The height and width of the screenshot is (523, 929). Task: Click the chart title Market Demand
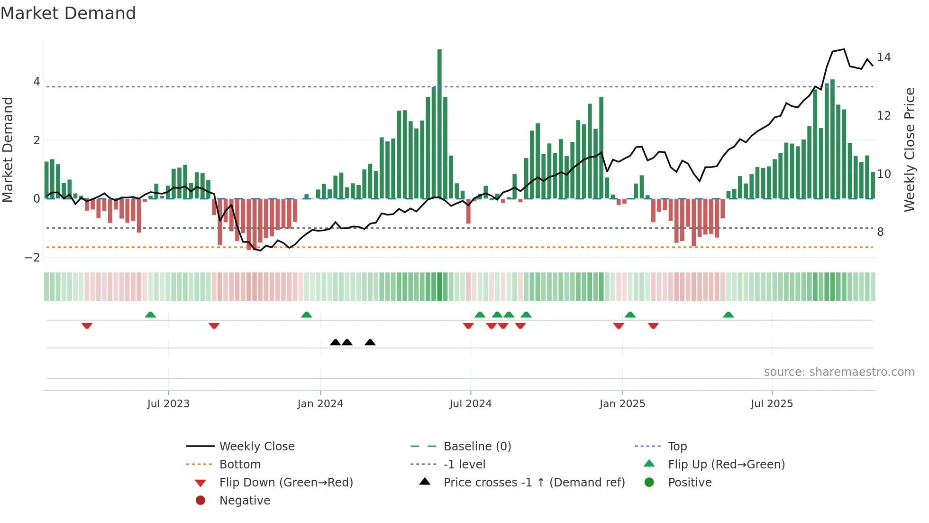[68, 13]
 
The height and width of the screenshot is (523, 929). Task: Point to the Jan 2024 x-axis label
[320, 404]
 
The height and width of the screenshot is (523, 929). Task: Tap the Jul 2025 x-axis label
[772, 404]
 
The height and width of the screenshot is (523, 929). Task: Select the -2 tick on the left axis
[33, 258]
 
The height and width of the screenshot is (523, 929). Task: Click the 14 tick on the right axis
[884, 57]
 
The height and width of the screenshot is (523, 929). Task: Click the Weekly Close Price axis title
[909, 149]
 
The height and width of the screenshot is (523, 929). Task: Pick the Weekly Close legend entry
[256, 447]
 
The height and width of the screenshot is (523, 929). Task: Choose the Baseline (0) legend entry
[477, 447]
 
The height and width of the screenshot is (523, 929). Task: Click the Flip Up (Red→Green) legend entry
[726, 465]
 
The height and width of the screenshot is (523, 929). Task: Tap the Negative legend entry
[245, 501]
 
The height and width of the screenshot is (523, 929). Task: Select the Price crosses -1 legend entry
[534, 483]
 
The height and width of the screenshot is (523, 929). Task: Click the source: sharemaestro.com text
[839, 372]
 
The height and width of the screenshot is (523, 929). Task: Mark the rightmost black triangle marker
[370, 343]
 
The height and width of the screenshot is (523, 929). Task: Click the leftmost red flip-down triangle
[87, 326]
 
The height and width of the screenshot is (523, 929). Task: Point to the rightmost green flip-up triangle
[729, 315]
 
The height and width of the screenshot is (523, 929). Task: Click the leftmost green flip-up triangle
[150, 315]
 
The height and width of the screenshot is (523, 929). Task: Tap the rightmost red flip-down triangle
[653, 326]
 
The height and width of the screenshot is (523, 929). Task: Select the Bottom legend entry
[240, 465]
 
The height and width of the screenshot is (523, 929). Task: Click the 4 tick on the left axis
[36, 82]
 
